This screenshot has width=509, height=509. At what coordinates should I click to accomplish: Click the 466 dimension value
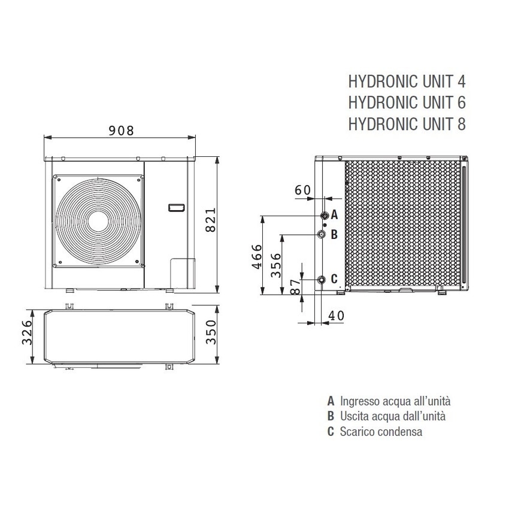[x=256, y=256]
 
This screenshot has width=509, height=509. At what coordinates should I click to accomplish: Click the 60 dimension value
[x=302, y=190]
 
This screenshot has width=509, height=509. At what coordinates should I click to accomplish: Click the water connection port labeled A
[x=323, y=215]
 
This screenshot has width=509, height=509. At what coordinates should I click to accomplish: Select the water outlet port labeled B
[x=323, y=234]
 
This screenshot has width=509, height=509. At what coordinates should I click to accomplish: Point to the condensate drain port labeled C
[x=323, y=279]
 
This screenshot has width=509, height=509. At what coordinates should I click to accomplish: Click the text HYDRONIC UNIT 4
[x=406, y=81]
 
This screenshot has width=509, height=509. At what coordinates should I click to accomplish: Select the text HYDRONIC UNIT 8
[x=406, y=124]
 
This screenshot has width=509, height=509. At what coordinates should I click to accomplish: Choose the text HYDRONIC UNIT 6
[x=406, y=102]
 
